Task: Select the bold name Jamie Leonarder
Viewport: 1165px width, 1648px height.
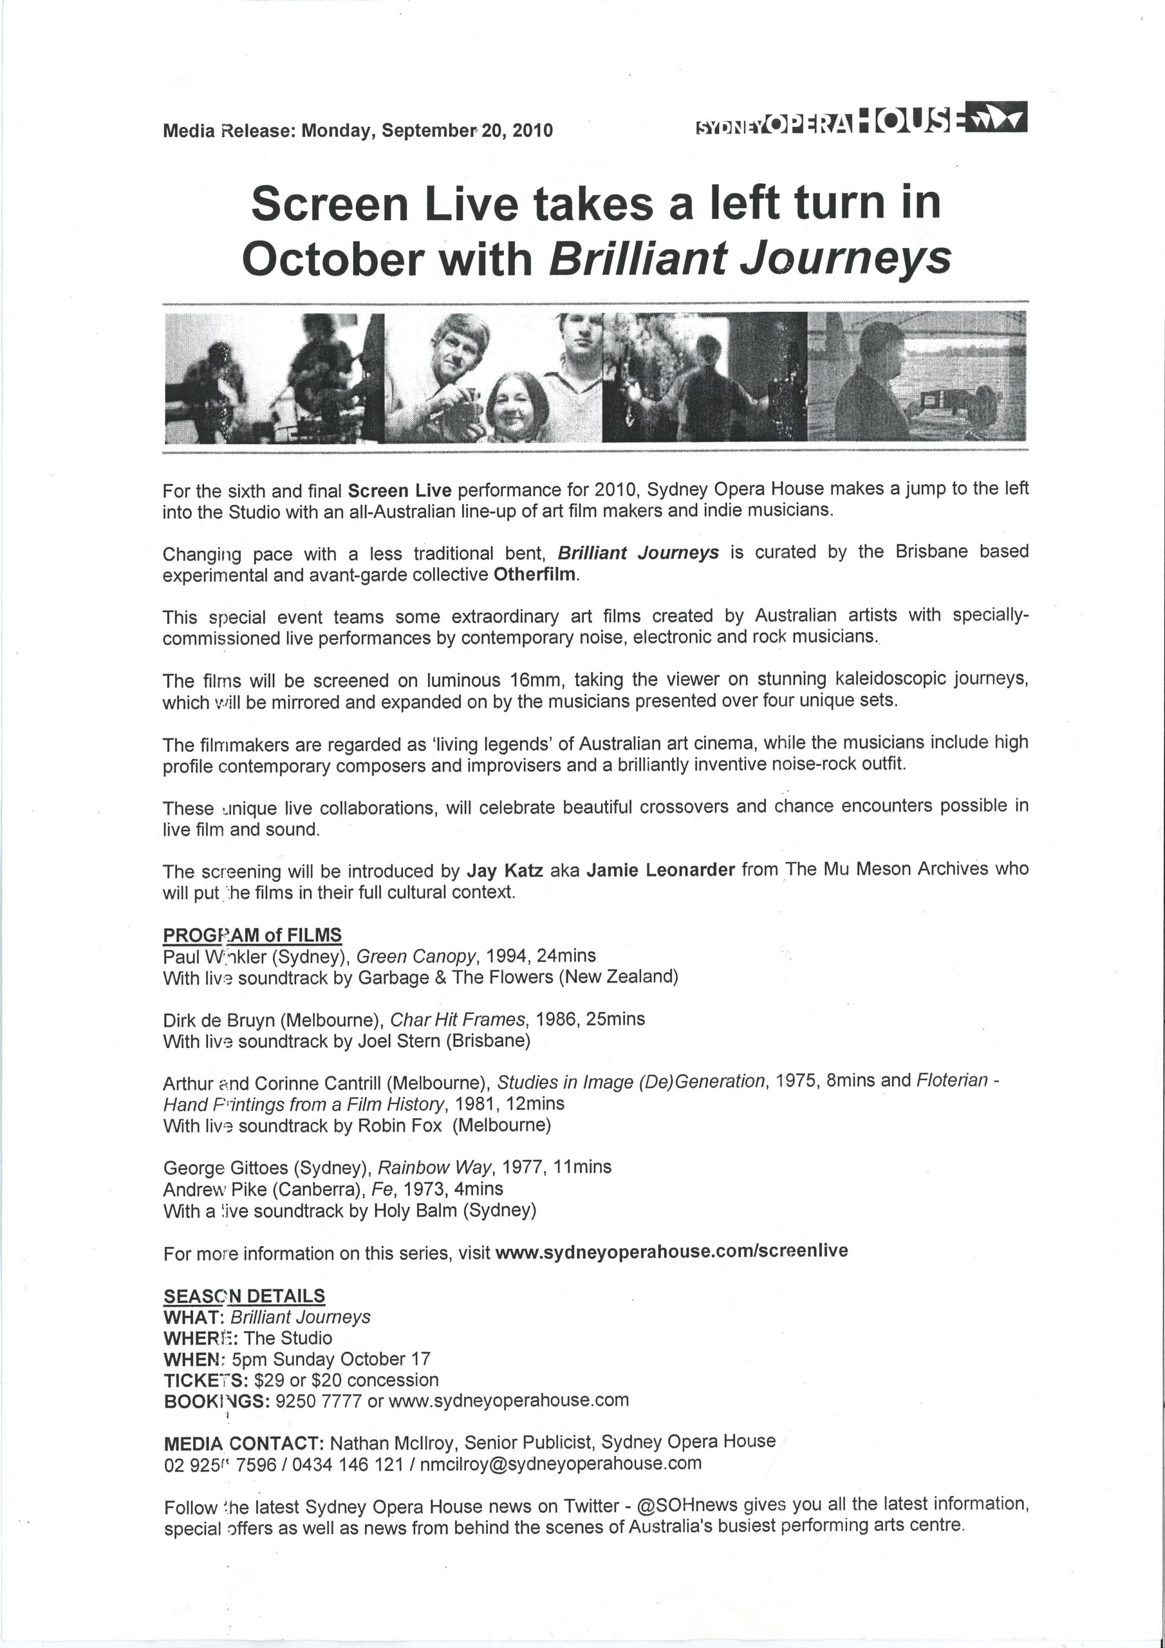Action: tap(660, 870)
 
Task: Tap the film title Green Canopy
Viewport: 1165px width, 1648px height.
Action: tap(416, 956)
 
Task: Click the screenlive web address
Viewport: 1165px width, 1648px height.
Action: tap(671, 1251)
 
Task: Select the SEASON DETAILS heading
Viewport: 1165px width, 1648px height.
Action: tap(244, 1297)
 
